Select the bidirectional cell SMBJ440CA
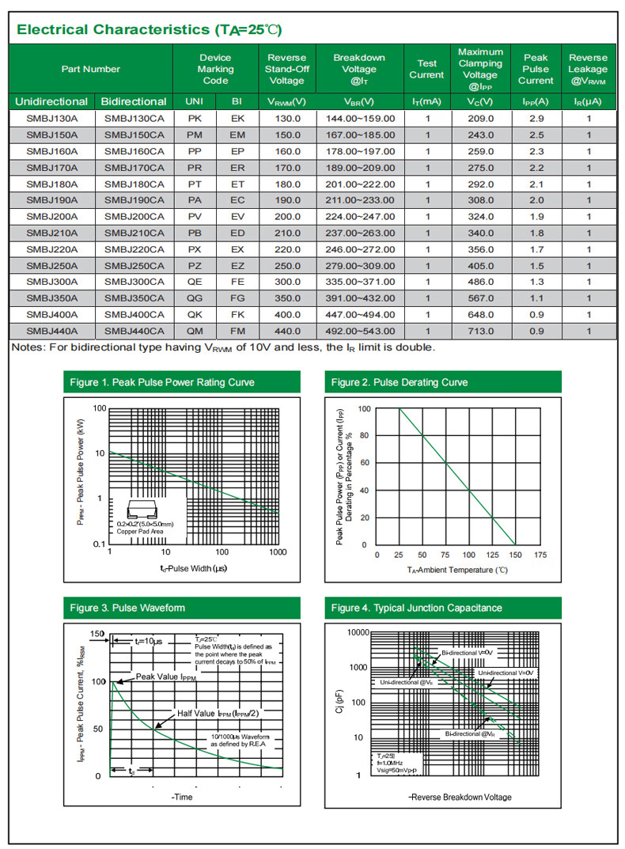click(x=134, y=331)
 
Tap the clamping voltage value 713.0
click(x=480, y=331)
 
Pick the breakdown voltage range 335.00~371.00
click(x=360, y=282)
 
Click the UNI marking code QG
click(x=195, y=298)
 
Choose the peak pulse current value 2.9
click(x=536, y=118)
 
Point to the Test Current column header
click(x=426, y=69)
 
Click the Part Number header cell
click(x=91, y=69)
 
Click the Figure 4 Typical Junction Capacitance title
click(x=416, y=608)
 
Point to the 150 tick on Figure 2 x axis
click(x=515, y=555)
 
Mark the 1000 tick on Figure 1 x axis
click(x=277, y=551)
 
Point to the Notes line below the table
click(x=223, y=347)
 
